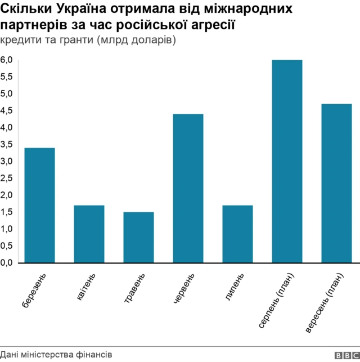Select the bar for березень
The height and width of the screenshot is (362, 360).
click(x=39, y=205)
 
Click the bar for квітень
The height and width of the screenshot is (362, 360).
click(x=89, y=234)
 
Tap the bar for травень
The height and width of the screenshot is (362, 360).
click(x=138, y=238)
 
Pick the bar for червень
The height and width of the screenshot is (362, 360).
click(x=188, y=189)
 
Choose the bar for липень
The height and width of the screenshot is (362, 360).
click(x=237, y=234)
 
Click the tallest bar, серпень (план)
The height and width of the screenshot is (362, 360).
click(x=287, y=162)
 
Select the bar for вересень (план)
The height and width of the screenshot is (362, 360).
click(x=336, y=184)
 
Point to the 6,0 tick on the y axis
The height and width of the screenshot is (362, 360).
click(x=7, y=60)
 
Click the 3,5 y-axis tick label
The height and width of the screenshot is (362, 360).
click(x=7, y=145)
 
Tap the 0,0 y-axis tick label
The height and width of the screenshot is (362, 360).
click(x=7, y=263)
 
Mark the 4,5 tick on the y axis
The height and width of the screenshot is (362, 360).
click(x=7, y=111)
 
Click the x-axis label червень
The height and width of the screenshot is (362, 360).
click(x=185, y=289)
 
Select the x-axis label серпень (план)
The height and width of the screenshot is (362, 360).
click(x=277, y=301)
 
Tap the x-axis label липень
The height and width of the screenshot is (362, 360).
click(x=236, y=287)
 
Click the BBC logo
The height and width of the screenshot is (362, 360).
click(x=346, y=355)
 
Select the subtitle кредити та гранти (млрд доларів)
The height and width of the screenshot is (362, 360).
click(x=89, y=41)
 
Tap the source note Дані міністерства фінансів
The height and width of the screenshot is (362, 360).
click(x=56, y=355)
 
